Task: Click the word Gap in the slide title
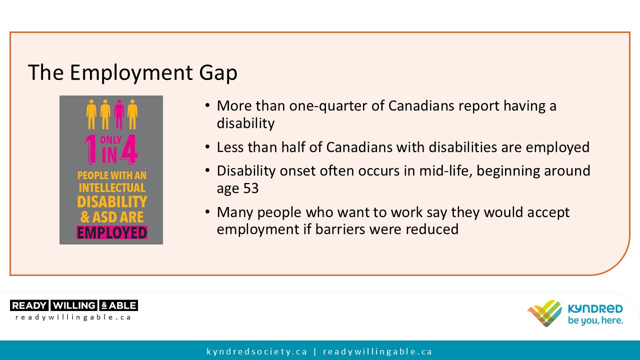tap(218, 73)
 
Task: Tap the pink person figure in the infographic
tap(119, 114)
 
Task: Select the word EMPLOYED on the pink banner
tap(112, 232)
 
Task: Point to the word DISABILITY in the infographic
tap(112, 201)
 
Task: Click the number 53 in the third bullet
tap(251, 188)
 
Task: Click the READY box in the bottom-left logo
tap(29, 305)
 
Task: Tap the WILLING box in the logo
tap(74, 305)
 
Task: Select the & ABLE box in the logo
tap(119, 305)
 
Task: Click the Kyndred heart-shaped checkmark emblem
tap(544, 313)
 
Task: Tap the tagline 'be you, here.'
tap(595, 320)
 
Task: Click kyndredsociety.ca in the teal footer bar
tap(257, 351)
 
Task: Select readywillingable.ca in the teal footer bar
tap(377, 351)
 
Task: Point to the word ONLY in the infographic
tap(111, 140)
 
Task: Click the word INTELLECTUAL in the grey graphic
tap(112, 188)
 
